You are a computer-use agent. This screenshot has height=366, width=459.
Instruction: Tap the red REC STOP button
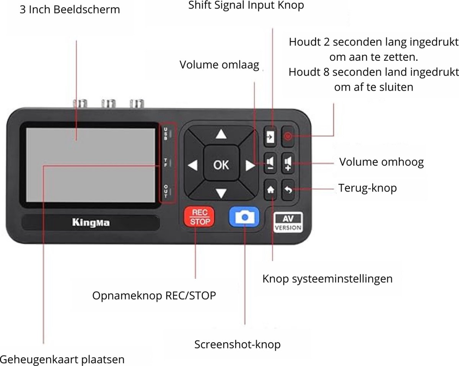[200, 217]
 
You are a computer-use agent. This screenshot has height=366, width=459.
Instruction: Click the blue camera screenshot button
[244, 217]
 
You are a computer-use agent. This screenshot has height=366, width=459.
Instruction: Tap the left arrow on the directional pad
[193, 165]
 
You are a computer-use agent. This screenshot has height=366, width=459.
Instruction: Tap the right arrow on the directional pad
[250, 165]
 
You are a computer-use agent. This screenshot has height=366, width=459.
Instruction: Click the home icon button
[271, 190]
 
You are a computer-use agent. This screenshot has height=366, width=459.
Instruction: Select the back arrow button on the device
[289, 190]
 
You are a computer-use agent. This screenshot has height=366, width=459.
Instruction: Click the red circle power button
[289, 136]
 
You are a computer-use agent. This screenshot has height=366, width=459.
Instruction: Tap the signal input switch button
[271, 136]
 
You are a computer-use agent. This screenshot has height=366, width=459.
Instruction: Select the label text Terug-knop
[367, 188]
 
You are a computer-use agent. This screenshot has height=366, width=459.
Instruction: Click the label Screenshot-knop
[237, 344]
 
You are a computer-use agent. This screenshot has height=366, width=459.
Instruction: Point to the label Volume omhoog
[381, 162]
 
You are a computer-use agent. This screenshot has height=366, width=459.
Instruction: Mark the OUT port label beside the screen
[166, 191]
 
